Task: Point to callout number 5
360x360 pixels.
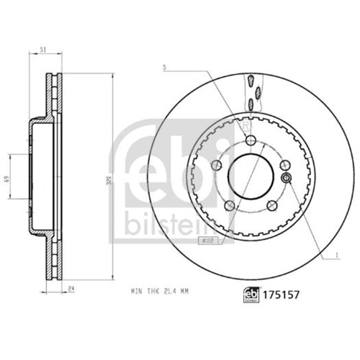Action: pyautogui.click(x=165, y=68)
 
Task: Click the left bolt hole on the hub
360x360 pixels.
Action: pyautogui.click(x=216, y=166)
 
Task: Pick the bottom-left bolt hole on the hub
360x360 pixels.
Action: pyautogui.click(x=230, y=205)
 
